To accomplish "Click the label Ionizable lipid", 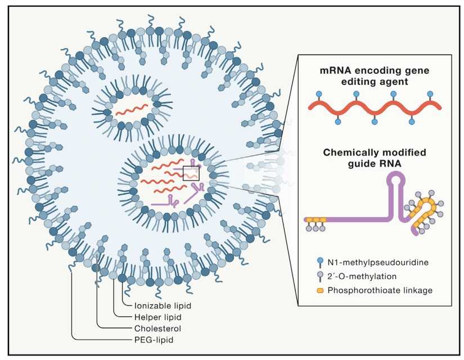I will [163, 305].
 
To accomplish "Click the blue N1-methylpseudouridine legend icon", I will [319, 263].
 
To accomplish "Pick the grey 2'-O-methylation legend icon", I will [319, 277].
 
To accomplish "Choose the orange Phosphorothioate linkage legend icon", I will [319, 290].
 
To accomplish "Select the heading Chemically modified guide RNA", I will [374, 159].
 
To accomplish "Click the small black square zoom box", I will [191, 173].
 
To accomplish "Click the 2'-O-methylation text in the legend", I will [361, 277].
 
